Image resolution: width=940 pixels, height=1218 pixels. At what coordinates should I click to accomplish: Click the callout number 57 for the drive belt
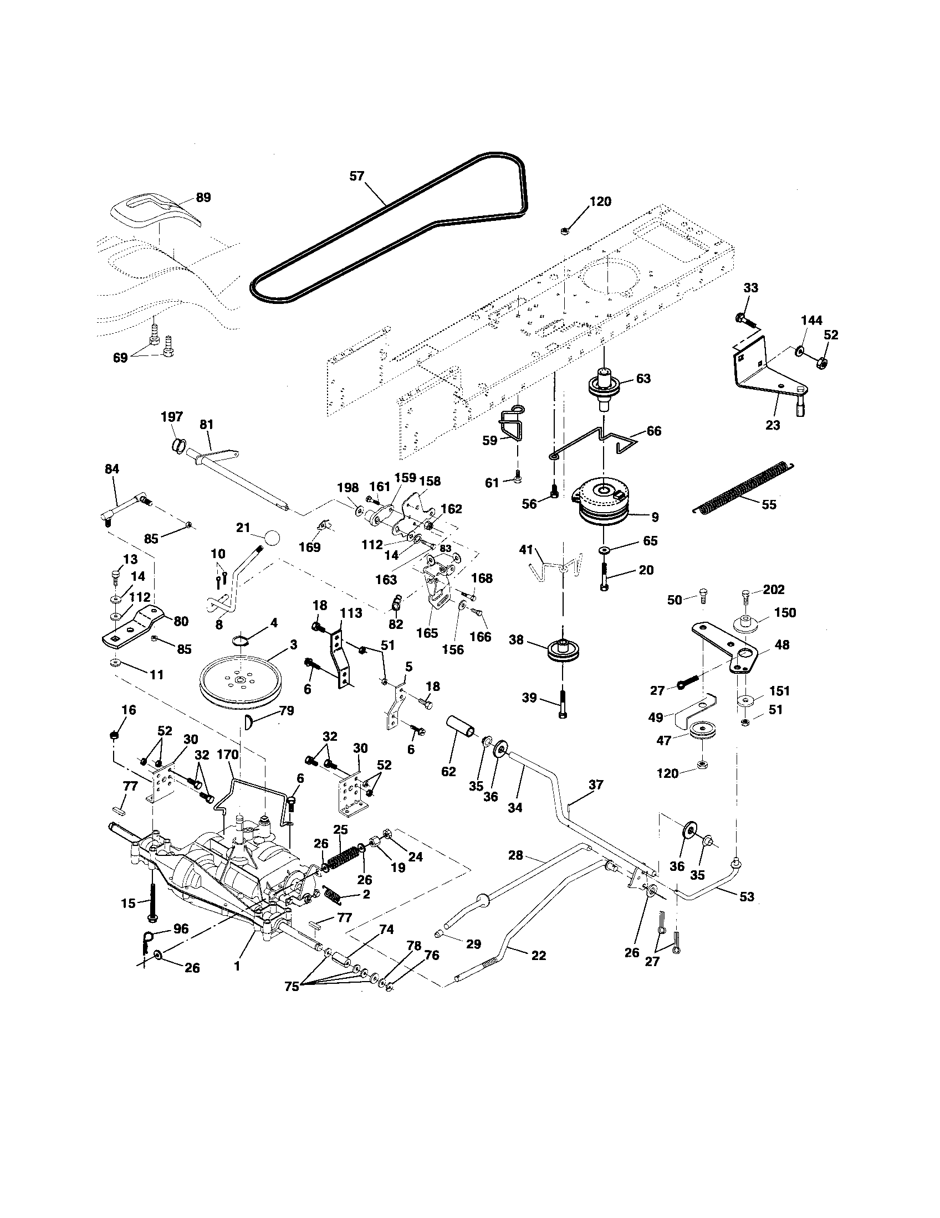click(x=356, y=176)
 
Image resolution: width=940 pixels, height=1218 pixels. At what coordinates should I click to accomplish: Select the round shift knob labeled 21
click(x=272, y=538)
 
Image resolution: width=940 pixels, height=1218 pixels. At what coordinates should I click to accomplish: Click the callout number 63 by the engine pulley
click(x=643, y=378)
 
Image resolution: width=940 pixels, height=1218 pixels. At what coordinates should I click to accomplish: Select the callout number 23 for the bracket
click(x=773, y=425)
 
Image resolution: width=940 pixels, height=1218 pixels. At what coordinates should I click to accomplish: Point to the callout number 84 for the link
click(x=112, y=469)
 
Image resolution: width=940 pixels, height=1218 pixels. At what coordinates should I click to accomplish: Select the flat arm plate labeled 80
click(x=134, y=628)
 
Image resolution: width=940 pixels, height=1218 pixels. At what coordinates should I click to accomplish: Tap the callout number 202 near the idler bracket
click(x=774, y=590)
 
